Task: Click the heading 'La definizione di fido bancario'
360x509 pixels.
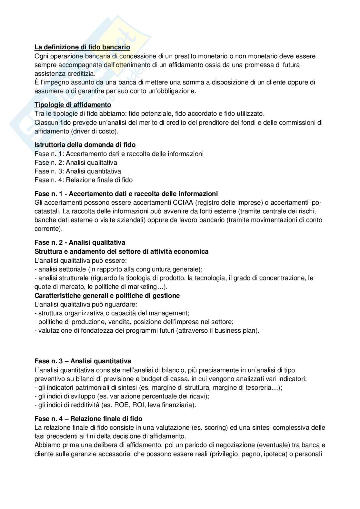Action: coord(82,47)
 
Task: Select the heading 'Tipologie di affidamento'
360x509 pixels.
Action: coord(73,105)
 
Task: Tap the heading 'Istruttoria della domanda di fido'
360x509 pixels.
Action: coord(85,145)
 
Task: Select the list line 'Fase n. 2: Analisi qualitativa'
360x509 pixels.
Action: coord(76,162)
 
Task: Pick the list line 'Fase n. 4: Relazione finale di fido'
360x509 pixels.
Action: coord(84,180)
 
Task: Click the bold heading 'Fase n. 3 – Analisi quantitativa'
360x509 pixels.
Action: coord(83,361)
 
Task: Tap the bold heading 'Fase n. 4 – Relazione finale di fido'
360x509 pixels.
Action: coord(88,419)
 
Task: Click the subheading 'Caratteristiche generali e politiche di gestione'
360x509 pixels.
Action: coord(107,296)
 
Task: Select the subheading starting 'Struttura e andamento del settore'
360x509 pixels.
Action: coord(121,251)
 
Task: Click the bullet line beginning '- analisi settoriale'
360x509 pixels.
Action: coord(118,269)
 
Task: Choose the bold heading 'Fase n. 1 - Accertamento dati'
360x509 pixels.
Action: coord(126,194)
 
